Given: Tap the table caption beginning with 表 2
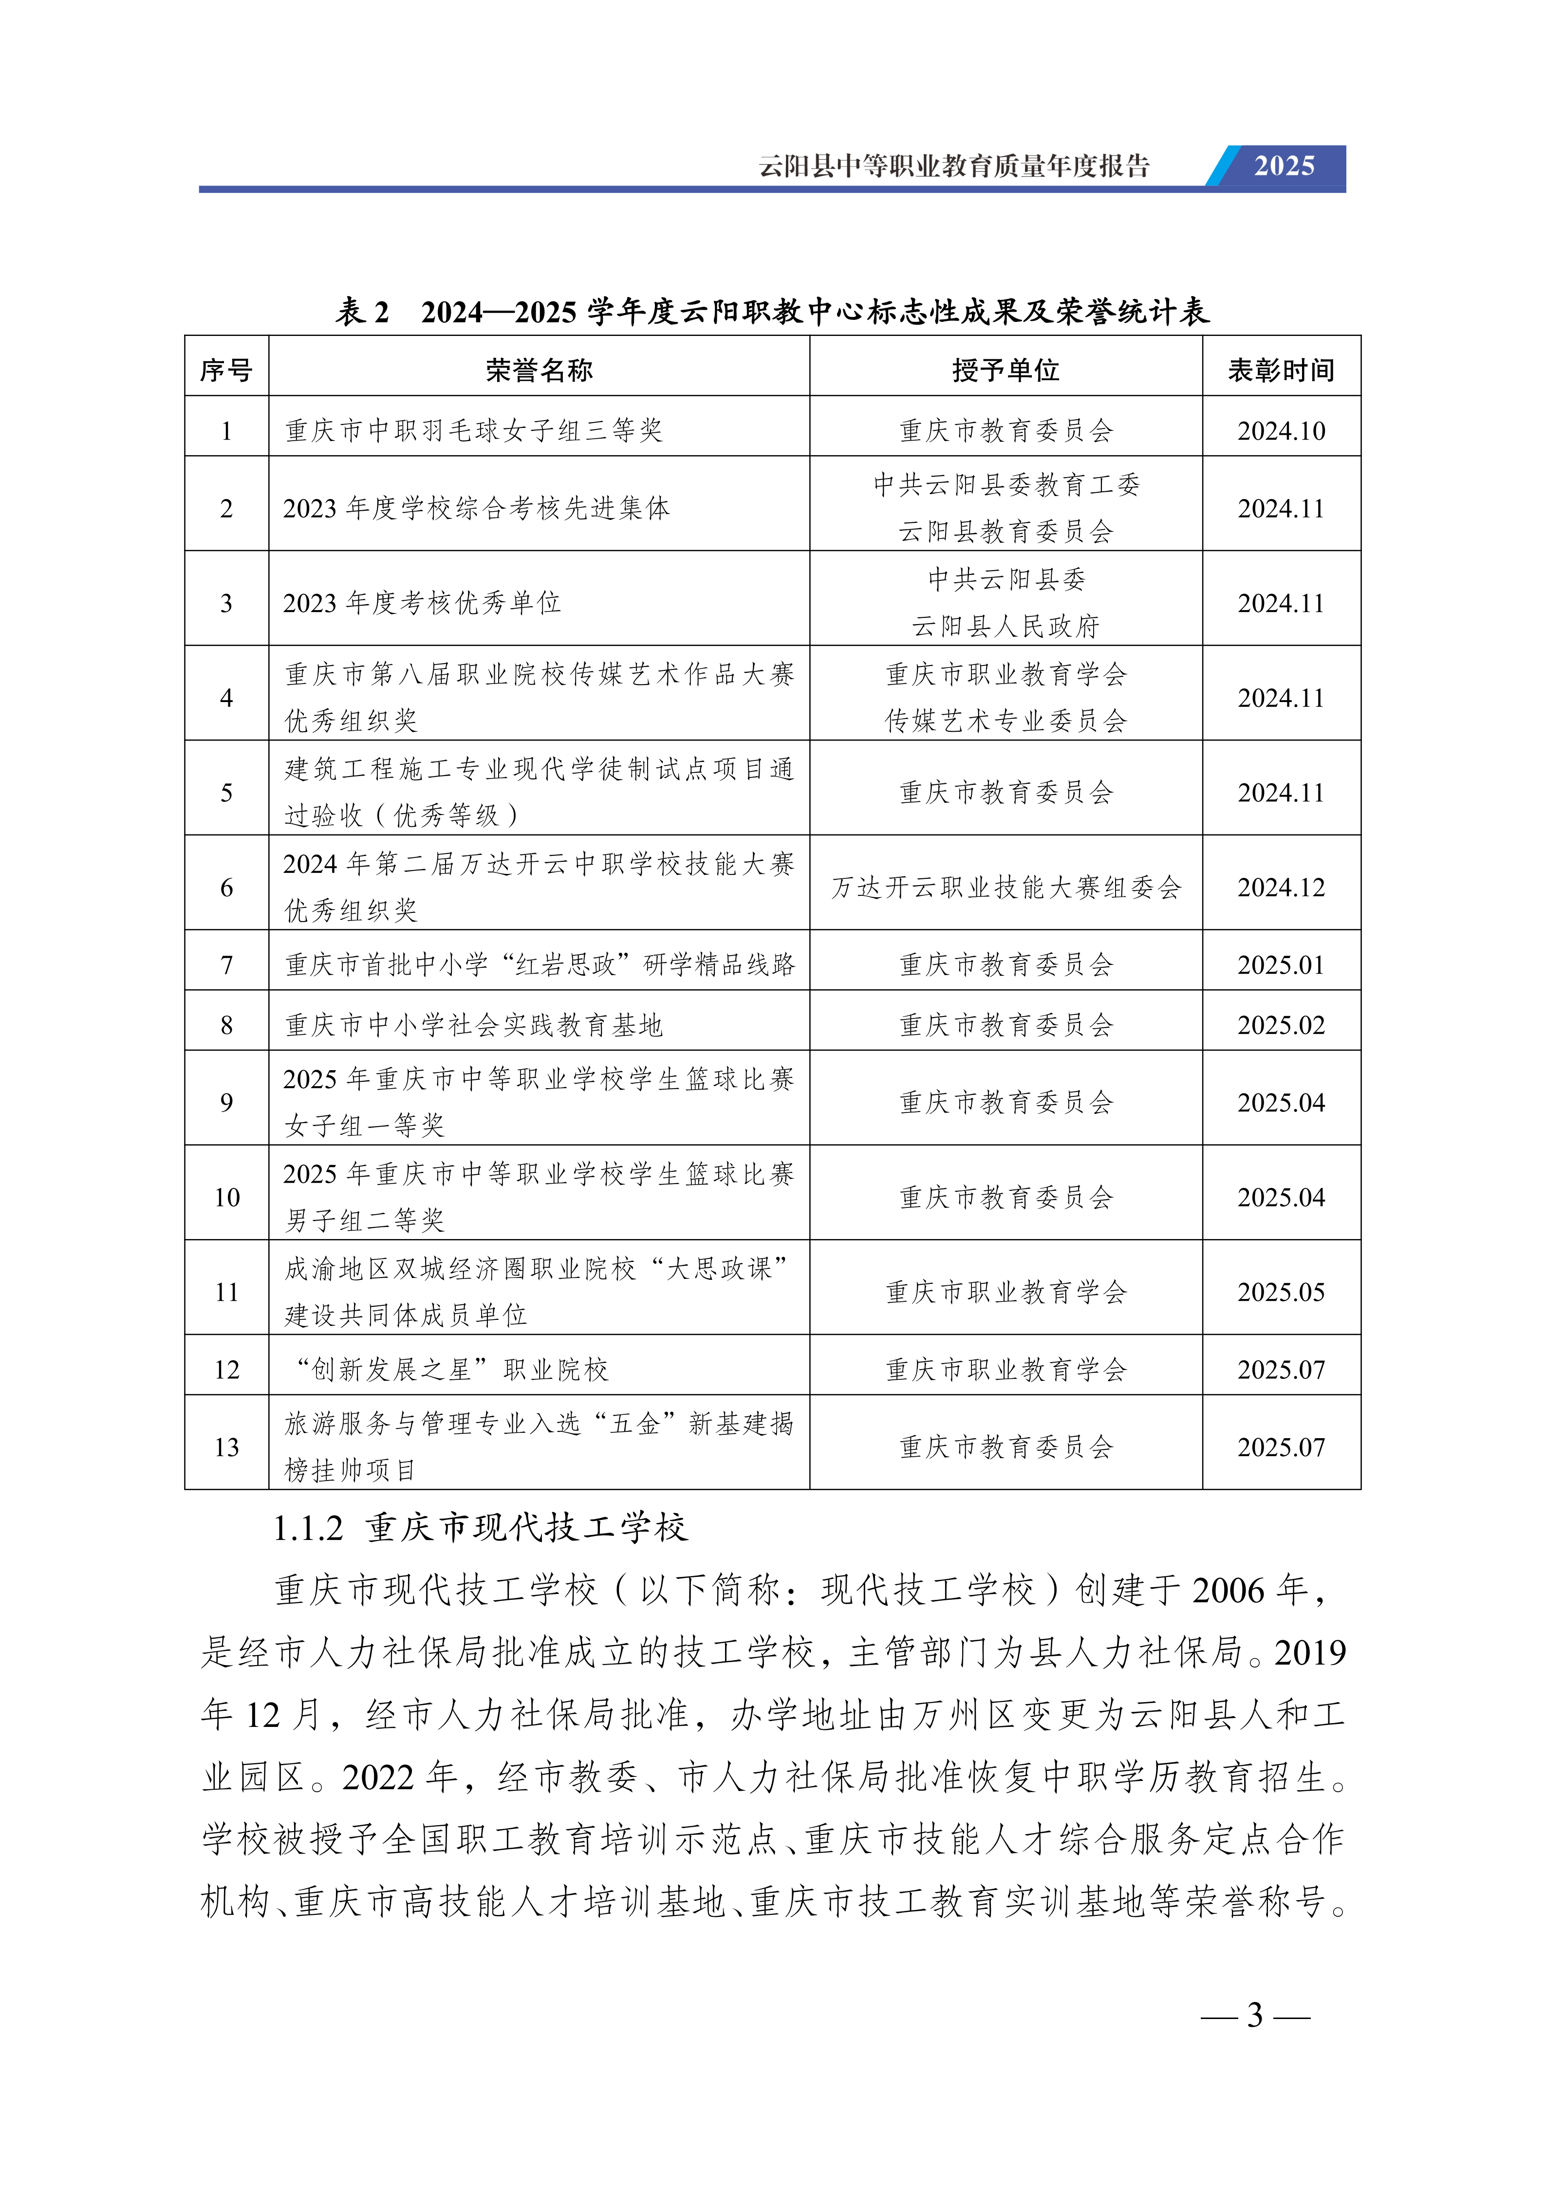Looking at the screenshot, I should pos(772,311).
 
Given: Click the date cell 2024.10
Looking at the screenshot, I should pos(1281,430).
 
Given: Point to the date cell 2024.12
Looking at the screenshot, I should pos(1281,888).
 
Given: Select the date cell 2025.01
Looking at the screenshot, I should pos(1281,964).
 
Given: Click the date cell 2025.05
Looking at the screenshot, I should pos(1281,1292).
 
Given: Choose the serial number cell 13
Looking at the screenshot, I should pos(226,1447).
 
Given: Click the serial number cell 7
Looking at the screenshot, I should pos(226,964).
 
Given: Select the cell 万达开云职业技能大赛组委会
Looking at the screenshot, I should pos(1006,888).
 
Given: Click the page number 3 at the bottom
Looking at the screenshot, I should pos(1255,2015).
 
